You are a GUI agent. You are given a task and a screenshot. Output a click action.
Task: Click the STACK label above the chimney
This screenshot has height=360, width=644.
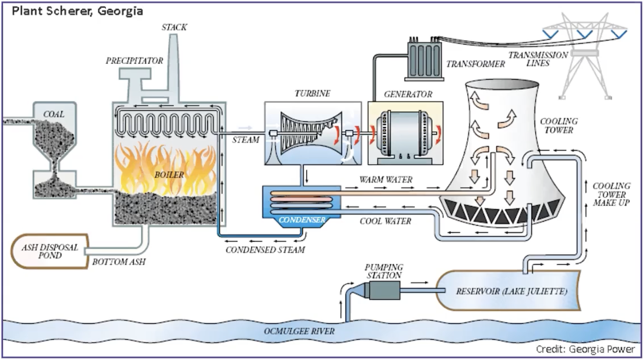click(174, 27)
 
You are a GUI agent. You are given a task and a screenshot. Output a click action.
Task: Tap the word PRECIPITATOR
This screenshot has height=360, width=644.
click(134, 61)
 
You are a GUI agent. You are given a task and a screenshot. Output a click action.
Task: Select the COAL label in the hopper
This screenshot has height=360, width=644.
click(53, 115)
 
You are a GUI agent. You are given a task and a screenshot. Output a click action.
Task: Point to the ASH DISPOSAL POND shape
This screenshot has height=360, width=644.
click(49, 251)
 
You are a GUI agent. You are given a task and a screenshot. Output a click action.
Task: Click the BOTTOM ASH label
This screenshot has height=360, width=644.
click(119, 262)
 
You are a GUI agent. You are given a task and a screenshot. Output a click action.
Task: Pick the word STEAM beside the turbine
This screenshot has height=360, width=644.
click(245, 140)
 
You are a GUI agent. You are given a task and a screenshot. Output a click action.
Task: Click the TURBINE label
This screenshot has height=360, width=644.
click(312, 93)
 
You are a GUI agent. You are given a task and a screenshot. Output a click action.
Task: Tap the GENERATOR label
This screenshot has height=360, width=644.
click(408, 94)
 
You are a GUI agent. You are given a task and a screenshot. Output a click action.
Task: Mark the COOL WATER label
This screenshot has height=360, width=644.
click(385, 221)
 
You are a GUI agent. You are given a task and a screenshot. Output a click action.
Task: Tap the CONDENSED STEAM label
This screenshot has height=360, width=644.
click(265, 250)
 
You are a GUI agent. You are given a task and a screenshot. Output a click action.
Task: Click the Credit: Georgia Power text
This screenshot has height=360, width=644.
click(585, 349)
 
